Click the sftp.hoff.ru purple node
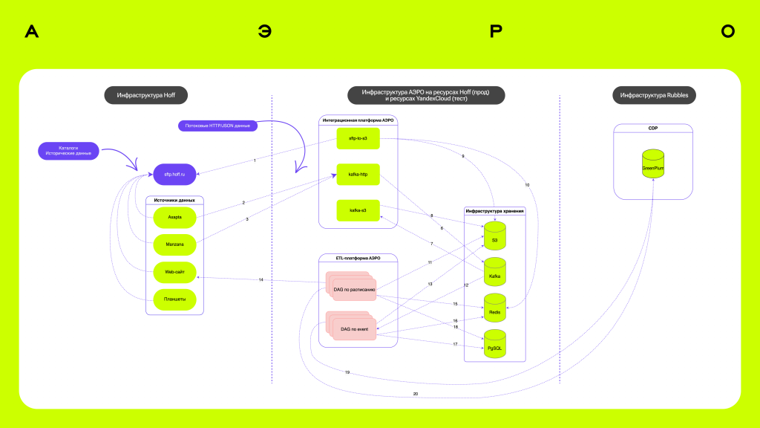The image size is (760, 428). point(174,174)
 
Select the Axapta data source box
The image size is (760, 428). point(174,218)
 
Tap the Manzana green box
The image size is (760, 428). point(174,244)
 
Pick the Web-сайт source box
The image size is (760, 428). point(174,273)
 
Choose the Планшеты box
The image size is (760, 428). point(174,300)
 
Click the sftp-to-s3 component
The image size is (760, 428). point(358,138)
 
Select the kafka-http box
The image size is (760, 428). point(358,175)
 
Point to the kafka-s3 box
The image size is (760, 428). point(358,212)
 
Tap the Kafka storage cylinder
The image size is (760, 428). point(494,273)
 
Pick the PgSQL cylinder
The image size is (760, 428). point(494,345)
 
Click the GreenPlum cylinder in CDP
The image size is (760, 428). point(653,169)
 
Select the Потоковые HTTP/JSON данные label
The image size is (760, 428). point(217,126)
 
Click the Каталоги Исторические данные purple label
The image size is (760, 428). point(68,150)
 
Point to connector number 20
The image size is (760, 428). point(415,393)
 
